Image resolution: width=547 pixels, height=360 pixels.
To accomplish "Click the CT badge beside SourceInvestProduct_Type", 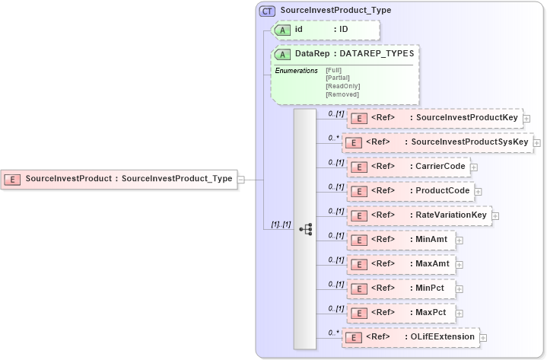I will (x=267, y=11).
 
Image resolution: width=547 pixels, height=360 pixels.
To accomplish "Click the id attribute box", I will (x=326, y=30).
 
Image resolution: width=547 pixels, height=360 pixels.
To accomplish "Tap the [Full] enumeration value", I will (x=333, y=70).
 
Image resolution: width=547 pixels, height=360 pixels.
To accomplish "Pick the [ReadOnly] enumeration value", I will (x=342, y=86).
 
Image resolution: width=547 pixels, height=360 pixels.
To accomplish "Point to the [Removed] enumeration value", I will (x=342, y=94).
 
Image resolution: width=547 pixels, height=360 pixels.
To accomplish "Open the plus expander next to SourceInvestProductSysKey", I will (x=537, y=142).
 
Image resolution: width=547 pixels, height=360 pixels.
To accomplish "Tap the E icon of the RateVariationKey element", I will (x=358, y=216).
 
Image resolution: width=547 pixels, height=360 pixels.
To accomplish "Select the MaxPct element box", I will (x=401, y=313).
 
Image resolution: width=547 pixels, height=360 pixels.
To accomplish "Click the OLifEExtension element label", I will (x=442, y=336).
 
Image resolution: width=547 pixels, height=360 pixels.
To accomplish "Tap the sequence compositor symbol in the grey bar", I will (x=306, y=228).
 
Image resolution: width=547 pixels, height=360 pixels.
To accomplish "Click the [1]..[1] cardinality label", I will (x=281, y=224).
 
